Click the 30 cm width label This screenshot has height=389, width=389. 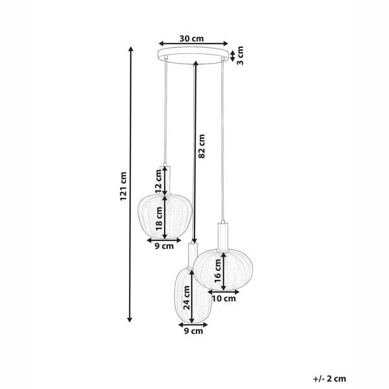[193, 38]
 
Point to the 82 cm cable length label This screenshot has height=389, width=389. [202, 147]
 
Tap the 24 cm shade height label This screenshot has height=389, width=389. [186, 304]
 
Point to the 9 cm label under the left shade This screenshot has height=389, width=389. [163, 246]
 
